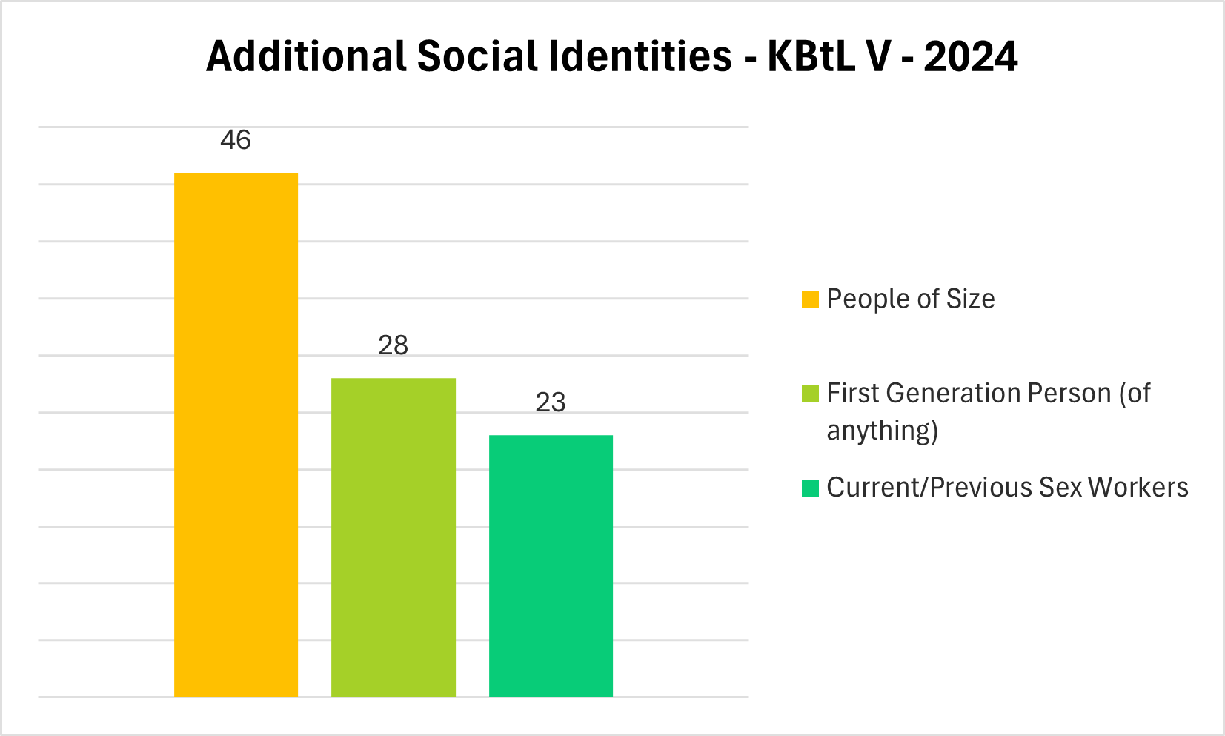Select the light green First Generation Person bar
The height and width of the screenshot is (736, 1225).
click(393, 537)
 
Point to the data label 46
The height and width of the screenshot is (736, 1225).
click(236, 140)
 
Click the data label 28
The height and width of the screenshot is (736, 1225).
click(393, 345)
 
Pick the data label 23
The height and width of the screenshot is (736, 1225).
click(551, 402)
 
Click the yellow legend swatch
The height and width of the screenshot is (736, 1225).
click(810, 299)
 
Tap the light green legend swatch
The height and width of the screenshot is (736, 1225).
click(810, 394)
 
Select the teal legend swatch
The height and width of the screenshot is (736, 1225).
click(810, 488)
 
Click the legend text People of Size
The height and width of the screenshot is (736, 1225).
click(910, 299)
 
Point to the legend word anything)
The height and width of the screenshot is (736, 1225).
click(882, 431)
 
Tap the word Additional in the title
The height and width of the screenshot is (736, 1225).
click(306, 56)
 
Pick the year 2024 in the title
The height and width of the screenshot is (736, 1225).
click(971, 56)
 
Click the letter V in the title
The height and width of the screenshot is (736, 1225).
click(877, 56)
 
